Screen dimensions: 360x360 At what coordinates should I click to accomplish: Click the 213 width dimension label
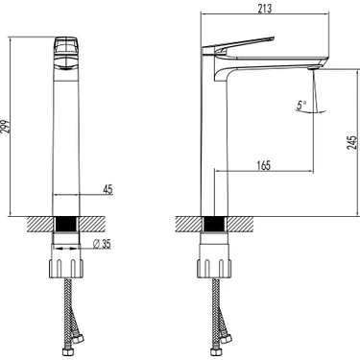coord(265,8)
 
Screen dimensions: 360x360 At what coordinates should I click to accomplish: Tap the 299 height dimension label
coord(6,127)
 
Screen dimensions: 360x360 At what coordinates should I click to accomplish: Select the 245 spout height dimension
coord(351,142)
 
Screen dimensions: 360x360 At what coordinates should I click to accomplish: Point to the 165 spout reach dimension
coord(264,165)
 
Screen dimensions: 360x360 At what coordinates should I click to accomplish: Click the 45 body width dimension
coord(108,189)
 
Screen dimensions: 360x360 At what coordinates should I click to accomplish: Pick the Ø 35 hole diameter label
coord(102,244)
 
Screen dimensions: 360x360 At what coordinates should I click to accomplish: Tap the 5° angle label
coord(301,105)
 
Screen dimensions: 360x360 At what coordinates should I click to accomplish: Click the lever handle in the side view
coord(238,45)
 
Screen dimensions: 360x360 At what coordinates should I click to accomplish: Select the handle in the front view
coord(66,54)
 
